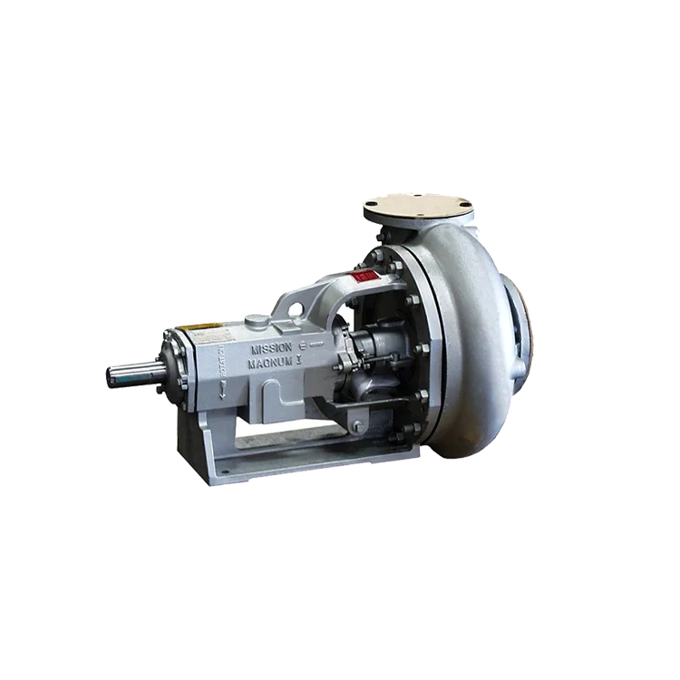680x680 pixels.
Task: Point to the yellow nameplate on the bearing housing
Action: (200, 326)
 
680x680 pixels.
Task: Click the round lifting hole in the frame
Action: (294, 311)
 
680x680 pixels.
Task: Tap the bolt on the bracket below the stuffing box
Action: (356, 425)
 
